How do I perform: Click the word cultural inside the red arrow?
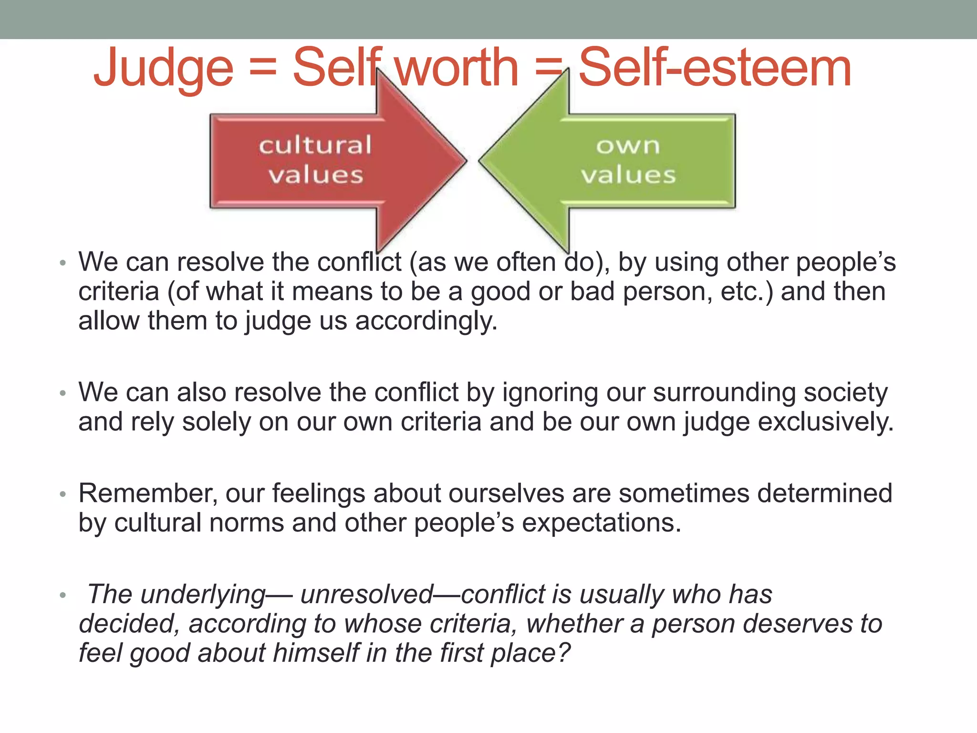pyautogui.click(x=315, y=145)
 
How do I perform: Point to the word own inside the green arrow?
pyautogui.click(x=628, y=145)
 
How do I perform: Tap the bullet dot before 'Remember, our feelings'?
pyautogui.click(x=62, y=494)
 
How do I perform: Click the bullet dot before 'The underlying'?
pyautogui.click(x=62, y=596)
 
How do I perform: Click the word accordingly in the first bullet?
pyautogui.click(x=426, y=321)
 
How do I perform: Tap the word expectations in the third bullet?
pyautogui.click(x=601, y=523)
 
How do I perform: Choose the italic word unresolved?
pyautogui.click(x=366, y=595)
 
